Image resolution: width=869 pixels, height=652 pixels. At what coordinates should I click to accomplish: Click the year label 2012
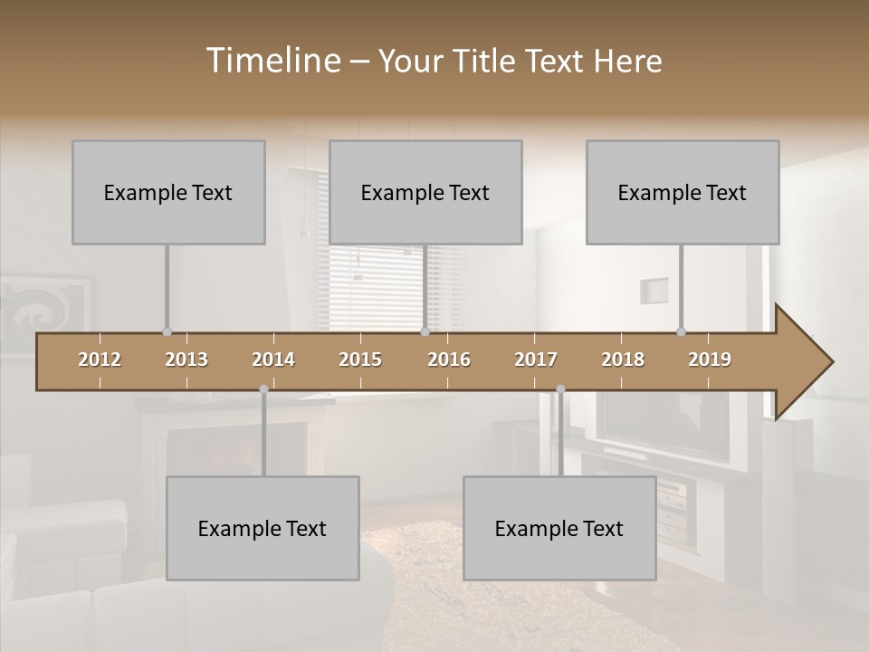(100, 360)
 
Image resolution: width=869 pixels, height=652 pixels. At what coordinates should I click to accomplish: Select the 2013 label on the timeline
(186, 360)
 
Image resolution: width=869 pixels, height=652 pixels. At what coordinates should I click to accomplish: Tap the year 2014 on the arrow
(273, 360)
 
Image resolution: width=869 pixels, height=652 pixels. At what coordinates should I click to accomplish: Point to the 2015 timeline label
(360, 360)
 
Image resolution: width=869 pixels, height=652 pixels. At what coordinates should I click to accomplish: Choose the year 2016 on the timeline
(449, 360)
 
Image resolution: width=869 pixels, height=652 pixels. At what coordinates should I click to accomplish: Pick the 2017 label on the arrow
(536, 360)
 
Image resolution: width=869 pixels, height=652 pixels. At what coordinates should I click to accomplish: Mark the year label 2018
(623, 360)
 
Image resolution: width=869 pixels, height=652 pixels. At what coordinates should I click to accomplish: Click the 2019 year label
(710, 360)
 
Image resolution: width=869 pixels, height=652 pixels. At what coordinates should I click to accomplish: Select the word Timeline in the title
(272, 61)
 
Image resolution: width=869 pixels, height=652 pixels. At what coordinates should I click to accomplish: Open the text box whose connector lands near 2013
(168, 192)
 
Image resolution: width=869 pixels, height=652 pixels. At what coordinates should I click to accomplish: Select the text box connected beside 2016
(425, 192)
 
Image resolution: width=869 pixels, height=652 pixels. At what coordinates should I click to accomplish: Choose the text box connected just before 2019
(683, 192)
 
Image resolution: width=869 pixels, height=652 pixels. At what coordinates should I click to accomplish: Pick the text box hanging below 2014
(263, 528)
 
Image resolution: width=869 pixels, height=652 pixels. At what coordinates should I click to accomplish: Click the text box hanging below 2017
(559, 528)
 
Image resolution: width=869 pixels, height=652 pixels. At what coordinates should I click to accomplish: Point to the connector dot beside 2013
(167, 331)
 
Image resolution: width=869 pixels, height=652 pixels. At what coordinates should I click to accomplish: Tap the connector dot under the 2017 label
(560, 389)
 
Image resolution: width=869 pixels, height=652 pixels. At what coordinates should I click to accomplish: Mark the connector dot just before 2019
(681, 331)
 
